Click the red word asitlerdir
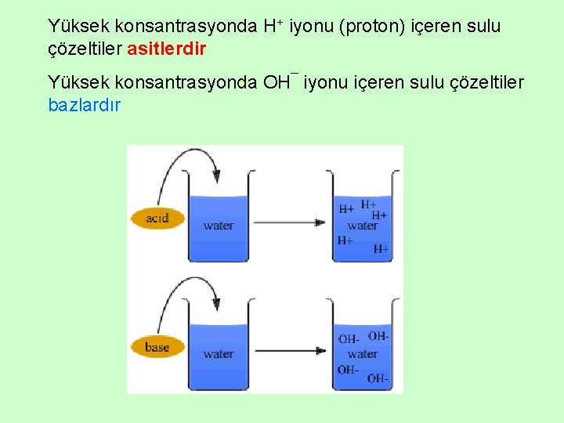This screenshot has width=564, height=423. [166, 49]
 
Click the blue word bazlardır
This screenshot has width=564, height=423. [84, 104]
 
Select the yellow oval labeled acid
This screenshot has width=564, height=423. [157, 218]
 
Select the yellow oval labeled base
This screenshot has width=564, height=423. [157, 347]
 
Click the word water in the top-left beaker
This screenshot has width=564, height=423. [219, 226]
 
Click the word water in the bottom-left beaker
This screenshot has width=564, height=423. [219, 354]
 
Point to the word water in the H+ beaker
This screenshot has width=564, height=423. [363, 226]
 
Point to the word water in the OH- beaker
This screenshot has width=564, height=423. [363, 354]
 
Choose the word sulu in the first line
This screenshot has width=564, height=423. [483, 27]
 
